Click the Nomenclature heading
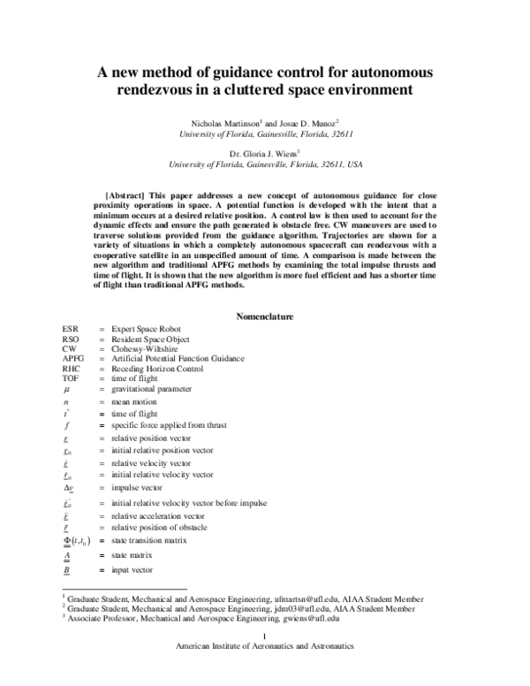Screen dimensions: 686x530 265,316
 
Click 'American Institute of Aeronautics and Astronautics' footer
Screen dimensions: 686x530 265,646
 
